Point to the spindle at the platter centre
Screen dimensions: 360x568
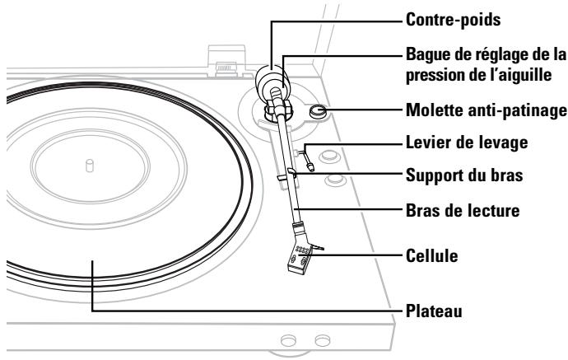tap(89, 165)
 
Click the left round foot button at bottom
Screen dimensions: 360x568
tap(289, 339)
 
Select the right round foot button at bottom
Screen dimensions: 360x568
tap(322, 339)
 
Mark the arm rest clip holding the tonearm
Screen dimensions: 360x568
tap(282, 174)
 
